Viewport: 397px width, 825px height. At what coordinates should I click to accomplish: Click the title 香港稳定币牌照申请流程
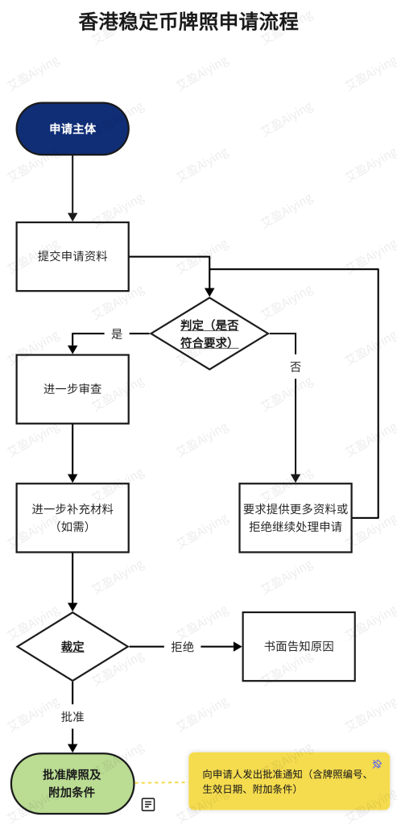click(188, 23)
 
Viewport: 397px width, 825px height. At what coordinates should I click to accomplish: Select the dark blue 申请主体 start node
click(72, 129)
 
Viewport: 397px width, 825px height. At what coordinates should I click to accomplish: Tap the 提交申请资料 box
click(72, 256)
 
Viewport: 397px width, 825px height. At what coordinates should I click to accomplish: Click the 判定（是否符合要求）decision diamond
click(210, 334)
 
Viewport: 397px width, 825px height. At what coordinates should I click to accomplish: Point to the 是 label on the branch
click(117, 334)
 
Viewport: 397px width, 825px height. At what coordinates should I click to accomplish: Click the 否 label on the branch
click(296, 367)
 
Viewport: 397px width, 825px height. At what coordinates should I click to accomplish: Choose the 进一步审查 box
click(72, 389)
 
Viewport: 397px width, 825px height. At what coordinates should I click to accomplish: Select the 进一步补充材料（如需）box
click(72, 518)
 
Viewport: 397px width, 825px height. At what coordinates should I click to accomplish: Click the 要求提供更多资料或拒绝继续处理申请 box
click(296, 518)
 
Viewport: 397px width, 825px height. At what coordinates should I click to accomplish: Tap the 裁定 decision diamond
click(72, 647)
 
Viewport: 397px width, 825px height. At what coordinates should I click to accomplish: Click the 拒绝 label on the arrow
click(183, 647)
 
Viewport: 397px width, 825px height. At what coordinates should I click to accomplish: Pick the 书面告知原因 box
click(299, 647)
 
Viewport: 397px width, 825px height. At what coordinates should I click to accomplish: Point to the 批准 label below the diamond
click(72, 716)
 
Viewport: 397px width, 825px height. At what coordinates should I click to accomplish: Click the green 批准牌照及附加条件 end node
click(72, 783)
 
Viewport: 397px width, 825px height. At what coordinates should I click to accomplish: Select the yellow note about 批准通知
click(289, 781)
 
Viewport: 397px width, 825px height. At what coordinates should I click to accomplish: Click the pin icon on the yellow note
click(377, 764)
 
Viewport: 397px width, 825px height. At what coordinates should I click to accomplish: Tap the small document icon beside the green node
click(149, 804)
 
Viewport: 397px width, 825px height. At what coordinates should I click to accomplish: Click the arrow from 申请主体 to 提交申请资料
click(72, 189)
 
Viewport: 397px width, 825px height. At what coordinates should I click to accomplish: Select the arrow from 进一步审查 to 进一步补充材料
click(72, 454)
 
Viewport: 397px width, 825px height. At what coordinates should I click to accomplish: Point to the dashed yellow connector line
click(161, 782)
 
